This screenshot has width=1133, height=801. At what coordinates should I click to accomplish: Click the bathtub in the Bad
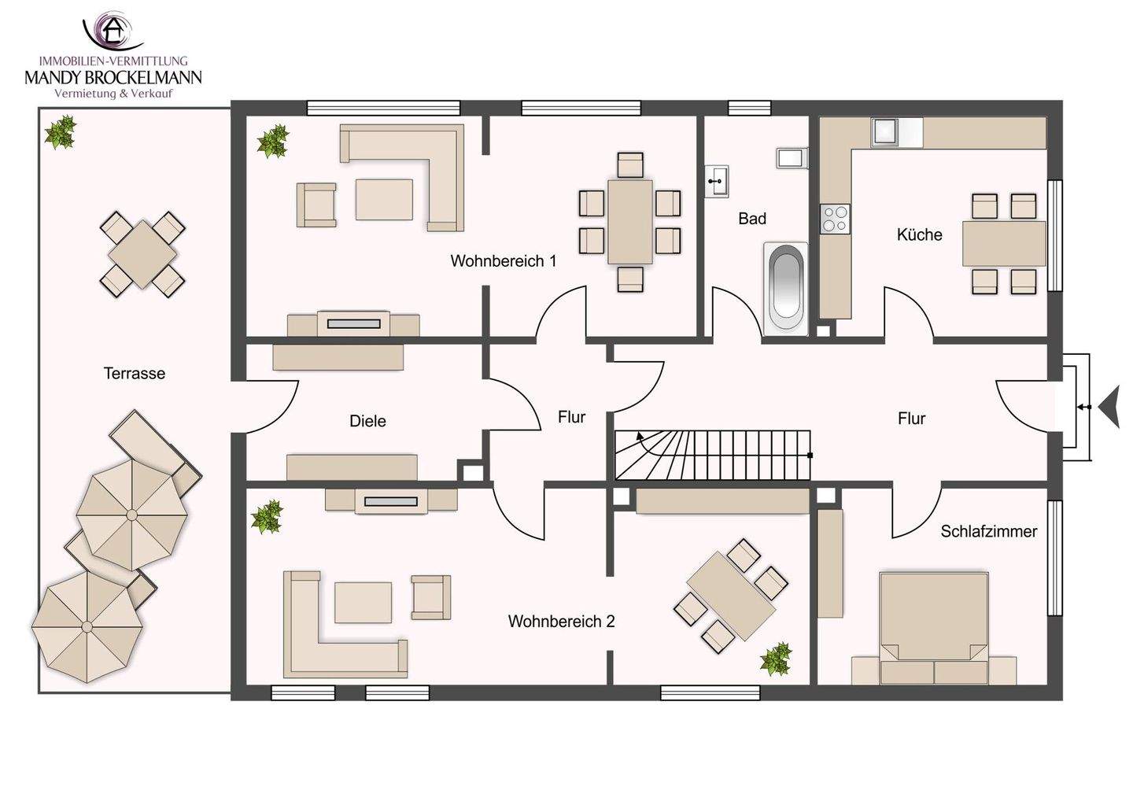tap(785, 288)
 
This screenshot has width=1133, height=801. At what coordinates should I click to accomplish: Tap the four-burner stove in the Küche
tap(835, 219)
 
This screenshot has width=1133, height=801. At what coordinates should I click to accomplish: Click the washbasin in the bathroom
tap(718, 181)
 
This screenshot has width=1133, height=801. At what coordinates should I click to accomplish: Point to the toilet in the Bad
tap(792, 158)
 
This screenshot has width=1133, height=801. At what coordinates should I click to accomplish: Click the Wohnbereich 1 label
tap(504, 261)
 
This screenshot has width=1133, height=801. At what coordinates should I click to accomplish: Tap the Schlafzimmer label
tap(989, 531)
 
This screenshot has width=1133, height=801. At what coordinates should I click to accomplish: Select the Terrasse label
tap(135, 373)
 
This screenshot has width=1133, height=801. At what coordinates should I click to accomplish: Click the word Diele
tap(367, 421)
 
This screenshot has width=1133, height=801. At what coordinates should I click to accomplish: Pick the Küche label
tap(920, 234)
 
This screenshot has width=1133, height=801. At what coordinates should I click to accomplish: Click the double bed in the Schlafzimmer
tap(934, 628)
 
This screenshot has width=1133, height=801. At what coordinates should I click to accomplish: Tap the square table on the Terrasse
tap(142, 254)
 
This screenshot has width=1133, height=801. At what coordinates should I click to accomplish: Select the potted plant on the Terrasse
tap(60, 132)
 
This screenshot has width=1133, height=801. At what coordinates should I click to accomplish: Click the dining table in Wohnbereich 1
tap(629, 221)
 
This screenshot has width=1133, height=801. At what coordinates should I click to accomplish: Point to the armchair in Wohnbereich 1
tap(316, 205)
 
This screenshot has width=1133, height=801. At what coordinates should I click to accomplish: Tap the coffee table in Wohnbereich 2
tap(363, 602)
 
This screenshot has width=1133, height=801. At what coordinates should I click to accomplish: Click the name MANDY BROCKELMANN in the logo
tap(113, 77)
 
